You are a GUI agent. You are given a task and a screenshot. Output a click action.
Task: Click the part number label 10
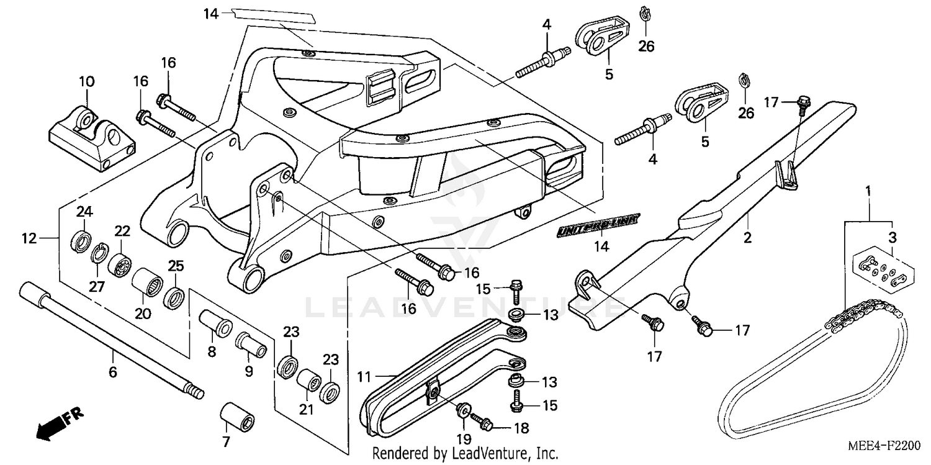click(86, 81)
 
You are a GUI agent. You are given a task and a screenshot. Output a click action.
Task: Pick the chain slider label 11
click(365, 376)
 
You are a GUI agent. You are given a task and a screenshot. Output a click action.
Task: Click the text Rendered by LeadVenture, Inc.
click(465, 454)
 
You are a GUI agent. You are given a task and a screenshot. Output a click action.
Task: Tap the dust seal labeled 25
click(173, 298)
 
